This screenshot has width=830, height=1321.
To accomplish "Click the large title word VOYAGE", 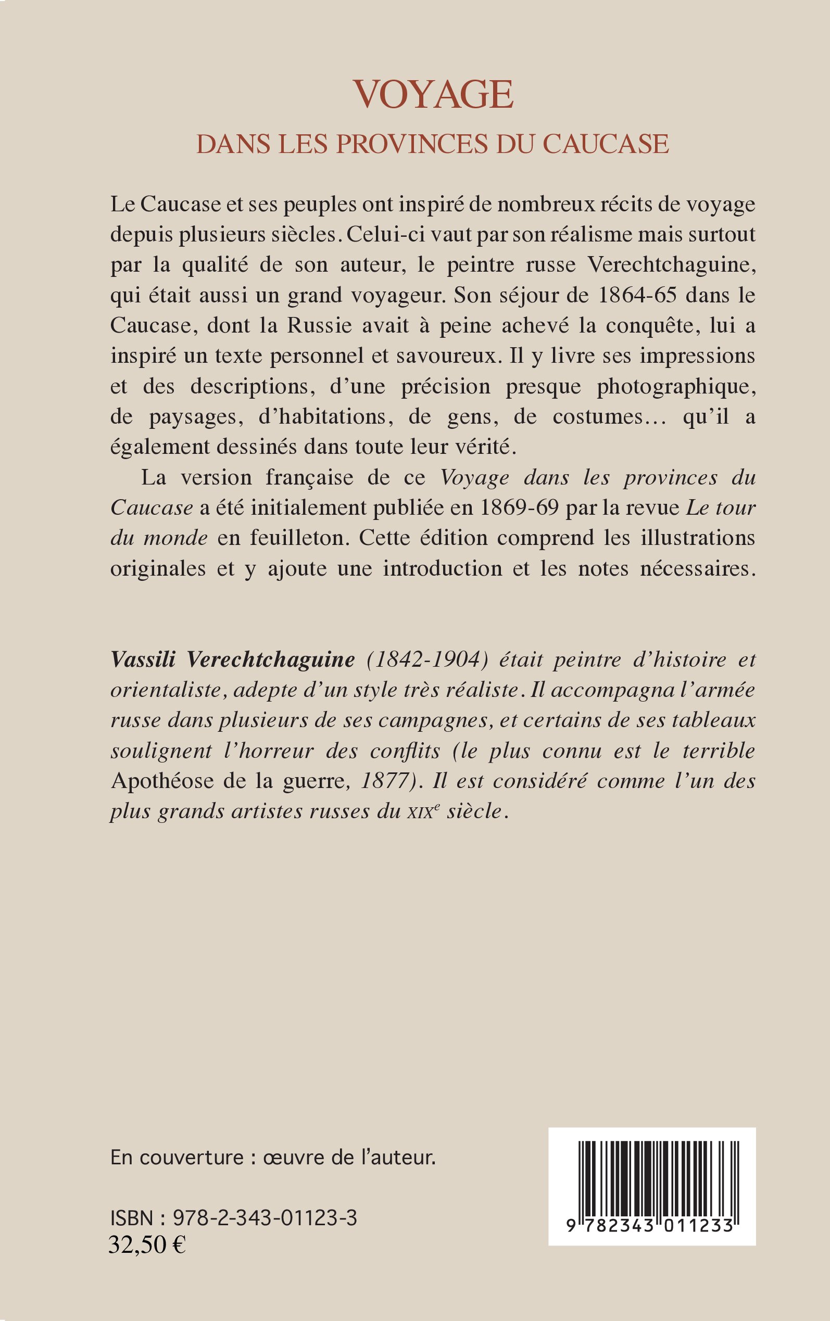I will coord(433,94).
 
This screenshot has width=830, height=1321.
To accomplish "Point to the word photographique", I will coord(676,387).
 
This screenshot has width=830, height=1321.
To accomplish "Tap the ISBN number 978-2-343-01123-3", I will coord(265,1218).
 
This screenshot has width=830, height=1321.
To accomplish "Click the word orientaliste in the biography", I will coord(165,690).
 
